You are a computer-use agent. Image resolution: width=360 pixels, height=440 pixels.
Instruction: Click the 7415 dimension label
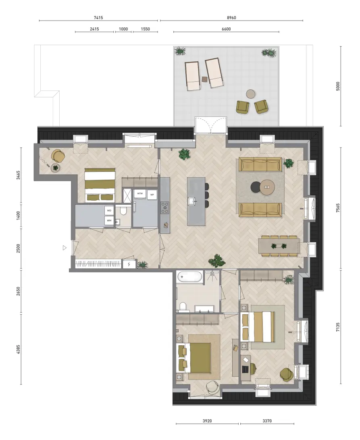coord(98,18)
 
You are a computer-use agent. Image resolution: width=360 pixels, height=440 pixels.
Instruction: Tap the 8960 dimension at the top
coord(231,18)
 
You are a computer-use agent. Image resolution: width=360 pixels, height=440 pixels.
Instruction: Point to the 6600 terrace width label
coord(226,29)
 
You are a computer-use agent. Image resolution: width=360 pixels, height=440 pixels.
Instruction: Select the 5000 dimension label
coord(338,86)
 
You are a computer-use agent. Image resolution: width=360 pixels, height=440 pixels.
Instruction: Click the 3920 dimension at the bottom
coord(207,421)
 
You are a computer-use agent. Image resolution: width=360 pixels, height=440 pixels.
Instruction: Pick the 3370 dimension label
coord(267,421)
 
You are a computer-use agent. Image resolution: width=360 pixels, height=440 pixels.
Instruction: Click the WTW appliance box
coord(140,194)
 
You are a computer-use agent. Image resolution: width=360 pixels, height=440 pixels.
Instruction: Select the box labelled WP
coord(152,195)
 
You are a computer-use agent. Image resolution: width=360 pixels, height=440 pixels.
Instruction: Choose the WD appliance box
coord(109,210)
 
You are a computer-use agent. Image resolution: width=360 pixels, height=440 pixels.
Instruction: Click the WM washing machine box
coord(109,220)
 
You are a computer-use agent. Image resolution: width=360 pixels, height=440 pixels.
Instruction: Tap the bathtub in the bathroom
coord(189,277)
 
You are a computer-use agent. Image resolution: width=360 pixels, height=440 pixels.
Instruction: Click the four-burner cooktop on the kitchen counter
coord(165,208)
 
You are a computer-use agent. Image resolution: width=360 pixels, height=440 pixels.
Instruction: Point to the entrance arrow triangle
coord(65,248)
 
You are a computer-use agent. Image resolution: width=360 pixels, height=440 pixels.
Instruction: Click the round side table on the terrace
coord(251,94)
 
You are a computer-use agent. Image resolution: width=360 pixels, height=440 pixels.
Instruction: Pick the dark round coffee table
coord(256,187)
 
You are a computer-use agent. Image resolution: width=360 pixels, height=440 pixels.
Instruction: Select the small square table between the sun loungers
coord(205,79)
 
